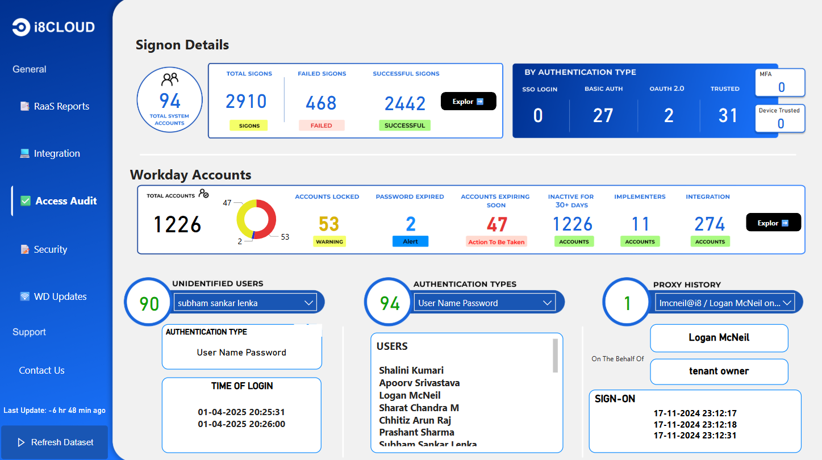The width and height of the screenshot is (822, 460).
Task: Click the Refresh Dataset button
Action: (55, 442)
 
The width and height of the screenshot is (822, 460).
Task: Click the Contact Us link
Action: (41, 370)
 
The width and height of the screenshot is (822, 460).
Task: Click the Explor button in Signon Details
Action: (468, 102)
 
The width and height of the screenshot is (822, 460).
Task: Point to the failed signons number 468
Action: (321, 103)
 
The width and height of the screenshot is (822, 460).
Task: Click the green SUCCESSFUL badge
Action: (404, 126)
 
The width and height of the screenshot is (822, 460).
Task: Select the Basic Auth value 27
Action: (603, 116)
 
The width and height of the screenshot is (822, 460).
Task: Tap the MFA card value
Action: (781, 87)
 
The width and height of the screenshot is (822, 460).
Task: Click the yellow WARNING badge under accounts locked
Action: (329, 241)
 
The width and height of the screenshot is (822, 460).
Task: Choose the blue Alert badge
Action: (410, 241)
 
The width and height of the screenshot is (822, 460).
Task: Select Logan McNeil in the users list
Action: (410, 395)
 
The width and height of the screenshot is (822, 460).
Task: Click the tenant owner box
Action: (719, 371)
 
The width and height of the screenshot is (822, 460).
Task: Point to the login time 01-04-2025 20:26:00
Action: (241, 424)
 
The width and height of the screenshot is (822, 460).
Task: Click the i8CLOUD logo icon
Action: (21, 27)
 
